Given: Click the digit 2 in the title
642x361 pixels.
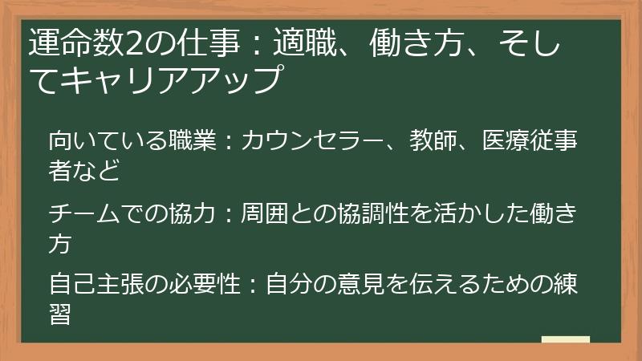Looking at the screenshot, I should tap(130, 41).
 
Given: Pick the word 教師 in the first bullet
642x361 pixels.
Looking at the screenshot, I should tap(433, 141).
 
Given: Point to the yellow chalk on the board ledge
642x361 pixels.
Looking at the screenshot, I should tap(565, 339).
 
